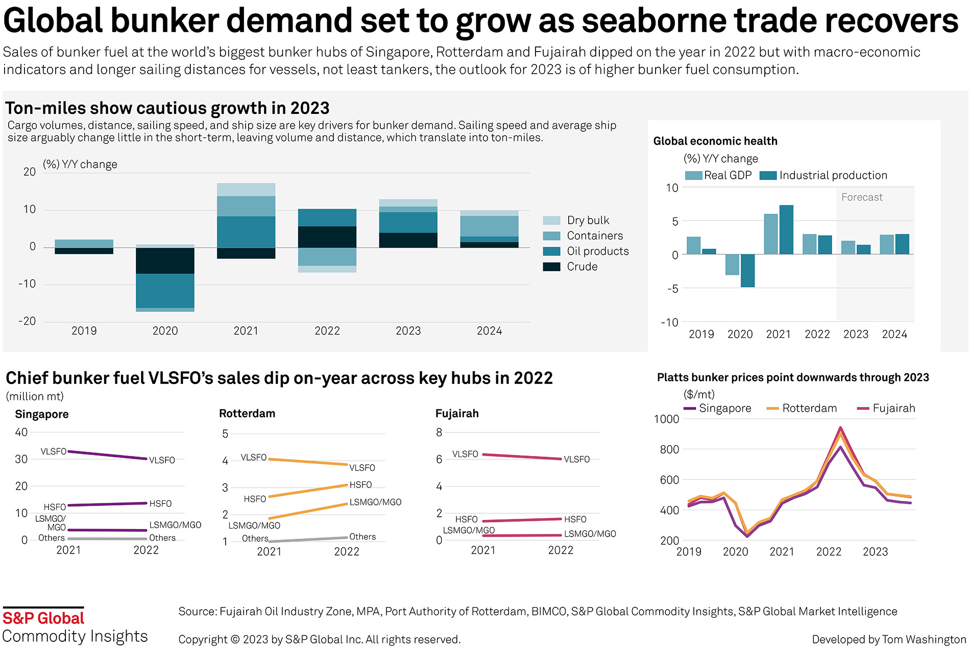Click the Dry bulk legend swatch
(x=551, y=221)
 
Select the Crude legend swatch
(x=551, y=267)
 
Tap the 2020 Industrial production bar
(x=747, y=271)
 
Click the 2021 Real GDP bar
(x=770, y=234)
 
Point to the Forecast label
(x=862, y=197)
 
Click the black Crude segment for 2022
(x=327, y=237)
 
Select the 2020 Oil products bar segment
(x=165, y=291)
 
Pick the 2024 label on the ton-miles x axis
(x=489, y=331)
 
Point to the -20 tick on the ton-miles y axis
(x=27, y=321)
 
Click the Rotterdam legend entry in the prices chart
(x=809, y=408)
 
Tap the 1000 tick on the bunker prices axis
(x=666, y=419)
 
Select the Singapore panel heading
(x=42, y=414)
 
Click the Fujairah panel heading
(x=457, y=414)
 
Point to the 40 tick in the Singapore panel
(x=21, y=432)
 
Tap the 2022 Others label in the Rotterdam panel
(x=362, y=537)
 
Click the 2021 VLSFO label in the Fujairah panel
(x=465, y=454)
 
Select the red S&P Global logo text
(x=43, y=618)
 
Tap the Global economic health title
(x=715, y=141)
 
